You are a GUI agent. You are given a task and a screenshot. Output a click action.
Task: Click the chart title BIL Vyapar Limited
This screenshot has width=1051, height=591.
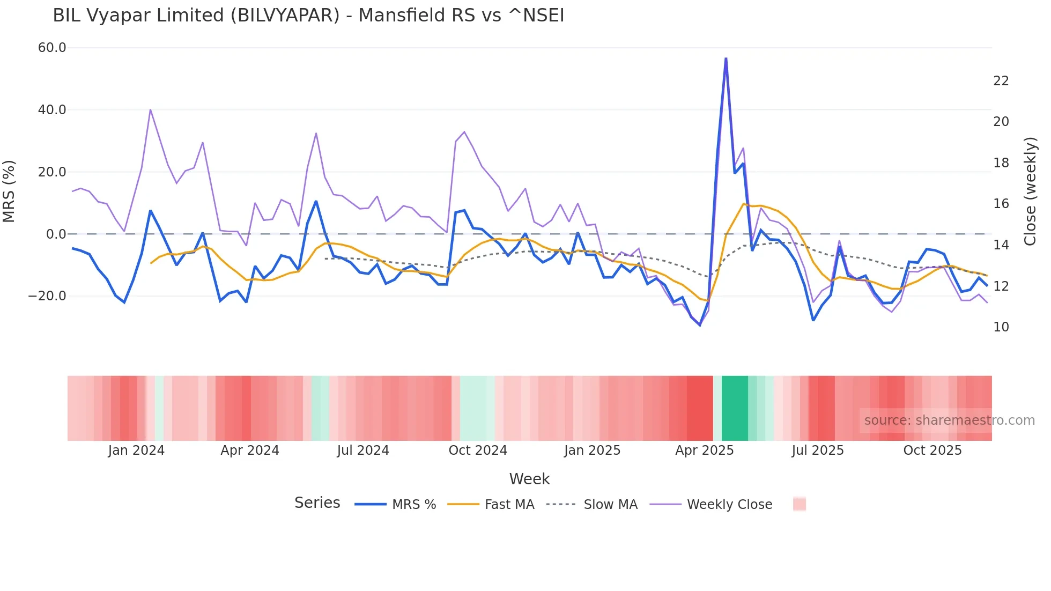[308, 16]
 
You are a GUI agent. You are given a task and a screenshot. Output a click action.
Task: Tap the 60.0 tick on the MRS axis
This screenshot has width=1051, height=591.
[52, 48]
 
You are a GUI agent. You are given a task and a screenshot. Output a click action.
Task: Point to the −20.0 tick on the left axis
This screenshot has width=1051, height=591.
[47, 296]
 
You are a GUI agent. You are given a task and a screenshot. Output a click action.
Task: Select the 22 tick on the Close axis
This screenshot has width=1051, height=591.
[1001, 81]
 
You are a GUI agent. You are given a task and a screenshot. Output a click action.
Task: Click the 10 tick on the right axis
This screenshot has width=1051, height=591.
[1001, 327]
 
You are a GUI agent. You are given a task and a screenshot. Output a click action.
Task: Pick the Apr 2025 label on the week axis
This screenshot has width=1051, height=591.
[704, 450]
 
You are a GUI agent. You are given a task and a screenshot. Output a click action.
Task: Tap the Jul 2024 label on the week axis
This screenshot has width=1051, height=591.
[363, 450]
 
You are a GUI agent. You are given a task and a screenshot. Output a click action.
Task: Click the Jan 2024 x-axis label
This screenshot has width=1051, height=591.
[136, 450]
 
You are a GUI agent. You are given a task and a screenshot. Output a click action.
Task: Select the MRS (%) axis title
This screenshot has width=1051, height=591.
[9, 191]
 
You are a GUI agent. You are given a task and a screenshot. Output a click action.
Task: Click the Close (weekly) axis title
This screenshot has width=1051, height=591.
[1030, 191]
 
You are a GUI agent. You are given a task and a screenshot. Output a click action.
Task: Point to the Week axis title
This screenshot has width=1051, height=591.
[529, 479]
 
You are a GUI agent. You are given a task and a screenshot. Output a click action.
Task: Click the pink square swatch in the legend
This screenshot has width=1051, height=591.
[799, 504]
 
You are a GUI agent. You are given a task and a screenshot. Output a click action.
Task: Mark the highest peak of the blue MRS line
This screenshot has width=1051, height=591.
[726, 59]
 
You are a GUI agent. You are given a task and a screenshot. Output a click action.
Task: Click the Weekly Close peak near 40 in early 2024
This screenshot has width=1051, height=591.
[151, 110]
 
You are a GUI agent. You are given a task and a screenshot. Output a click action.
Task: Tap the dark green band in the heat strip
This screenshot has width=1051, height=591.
[735, 408]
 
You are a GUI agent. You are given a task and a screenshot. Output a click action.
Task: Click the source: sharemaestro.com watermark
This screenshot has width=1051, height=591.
[949, 420]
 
